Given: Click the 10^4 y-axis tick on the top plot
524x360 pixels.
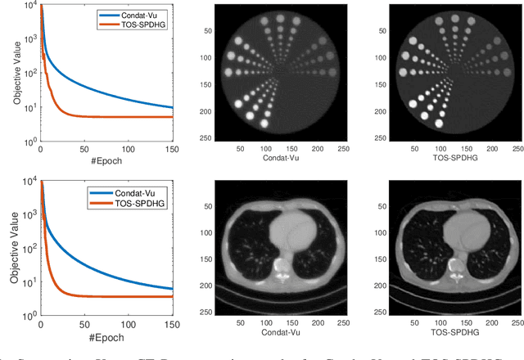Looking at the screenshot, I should (29, 7).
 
